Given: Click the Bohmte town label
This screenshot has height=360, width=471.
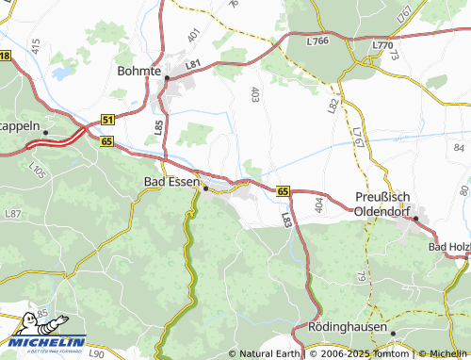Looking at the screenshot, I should [x=139, y=70].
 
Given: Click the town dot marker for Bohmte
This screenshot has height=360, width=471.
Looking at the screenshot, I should [x=167, y=79].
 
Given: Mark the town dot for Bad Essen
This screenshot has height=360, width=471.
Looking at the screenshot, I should [x=206, y=188].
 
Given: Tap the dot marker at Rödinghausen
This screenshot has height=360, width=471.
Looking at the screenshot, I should [x=393, y=334].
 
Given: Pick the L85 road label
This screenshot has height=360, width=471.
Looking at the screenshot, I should [x=157, y=123].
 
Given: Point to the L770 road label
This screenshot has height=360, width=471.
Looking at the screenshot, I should [x=382, y=45].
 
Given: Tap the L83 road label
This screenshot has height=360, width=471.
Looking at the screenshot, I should [x=286, y=219].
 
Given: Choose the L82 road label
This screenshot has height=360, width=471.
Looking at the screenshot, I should [x=333, y=106].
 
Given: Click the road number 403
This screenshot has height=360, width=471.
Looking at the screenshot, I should [x=255, y=93].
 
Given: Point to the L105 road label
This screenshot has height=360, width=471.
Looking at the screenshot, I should [x=37, y=171].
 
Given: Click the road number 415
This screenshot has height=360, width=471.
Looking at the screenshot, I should [x=36, y=46].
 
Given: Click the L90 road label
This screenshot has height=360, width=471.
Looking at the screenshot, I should [x=96, y=353].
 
